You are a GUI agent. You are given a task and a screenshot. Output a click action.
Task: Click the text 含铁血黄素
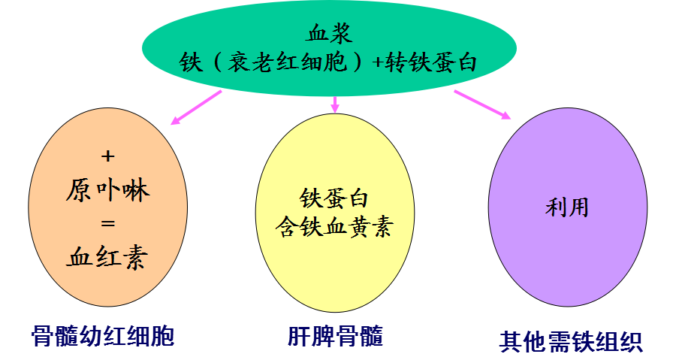[x=334, y=226]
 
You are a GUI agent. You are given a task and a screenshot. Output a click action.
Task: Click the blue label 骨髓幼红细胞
[x=103, y=336]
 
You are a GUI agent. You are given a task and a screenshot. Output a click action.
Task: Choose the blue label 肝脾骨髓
[x=335, y=336]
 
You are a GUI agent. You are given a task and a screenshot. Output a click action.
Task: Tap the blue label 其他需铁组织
[x=571, y=341]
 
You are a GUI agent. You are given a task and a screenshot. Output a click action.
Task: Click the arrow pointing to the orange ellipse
[x=197, y=107]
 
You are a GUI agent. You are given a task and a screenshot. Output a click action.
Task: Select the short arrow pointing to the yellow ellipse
[x=335, y=104]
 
